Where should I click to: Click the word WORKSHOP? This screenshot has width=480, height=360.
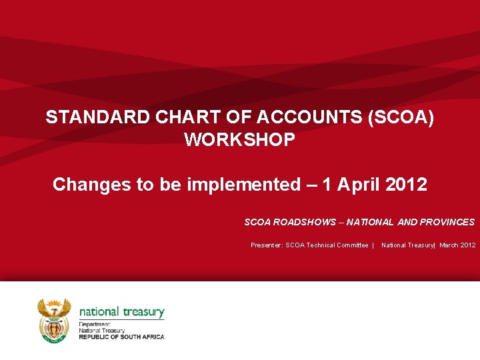coord(239,141)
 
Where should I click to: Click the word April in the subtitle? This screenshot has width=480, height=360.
coord(359,185)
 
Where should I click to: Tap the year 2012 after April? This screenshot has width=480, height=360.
coord(407,185)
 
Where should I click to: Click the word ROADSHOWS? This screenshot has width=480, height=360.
coord(303,222)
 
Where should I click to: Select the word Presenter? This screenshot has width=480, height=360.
coord(266,245)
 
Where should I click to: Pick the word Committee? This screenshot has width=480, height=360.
coord(353,245)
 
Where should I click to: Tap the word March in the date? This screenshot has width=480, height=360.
coord(449,245)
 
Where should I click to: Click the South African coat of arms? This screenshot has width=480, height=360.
coord(54,321)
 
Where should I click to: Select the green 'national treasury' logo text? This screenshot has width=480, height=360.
coord(121,311)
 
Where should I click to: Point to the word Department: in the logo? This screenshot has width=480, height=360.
coord(93,324)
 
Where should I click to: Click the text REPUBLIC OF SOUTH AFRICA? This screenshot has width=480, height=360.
coord(121,337)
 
